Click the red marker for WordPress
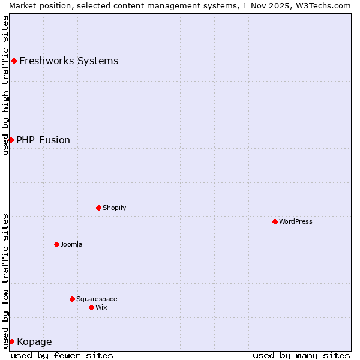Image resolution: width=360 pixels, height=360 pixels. [x=275, y=221]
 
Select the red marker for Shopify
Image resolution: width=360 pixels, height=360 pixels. [x=98, y=208]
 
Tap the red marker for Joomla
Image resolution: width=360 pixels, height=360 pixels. [x=56, y=244]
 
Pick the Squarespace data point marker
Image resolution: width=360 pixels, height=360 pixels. [x=72, y=299]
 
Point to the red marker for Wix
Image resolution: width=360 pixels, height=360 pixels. [x=91, y=307]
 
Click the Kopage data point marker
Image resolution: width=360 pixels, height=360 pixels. [x=11, y=341]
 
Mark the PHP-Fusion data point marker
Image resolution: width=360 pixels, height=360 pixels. [x=11, y=140]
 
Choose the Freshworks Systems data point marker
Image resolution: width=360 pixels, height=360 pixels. [x=14, y=61]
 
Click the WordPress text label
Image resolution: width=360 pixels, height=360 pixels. [x=296, y=221]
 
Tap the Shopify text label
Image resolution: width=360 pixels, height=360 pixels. [x=114, y=208]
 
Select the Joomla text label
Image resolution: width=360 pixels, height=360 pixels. [x=71, y=244]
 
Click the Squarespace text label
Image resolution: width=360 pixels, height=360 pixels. [x=97, y=299]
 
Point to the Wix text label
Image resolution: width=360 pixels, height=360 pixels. [x=101, y=307]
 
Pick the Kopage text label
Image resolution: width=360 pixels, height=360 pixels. [x=34, y=342]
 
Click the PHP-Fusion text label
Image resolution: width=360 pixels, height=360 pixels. [x=43, y=140]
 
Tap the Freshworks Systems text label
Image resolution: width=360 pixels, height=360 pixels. [x=68, y=61]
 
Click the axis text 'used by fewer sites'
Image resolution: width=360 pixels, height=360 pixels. [x=62, y=355]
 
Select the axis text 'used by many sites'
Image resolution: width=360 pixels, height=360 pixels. [x=301, y=355]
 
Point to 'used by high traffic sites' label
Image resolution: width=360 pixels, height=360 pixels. [x=6, y=85]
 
